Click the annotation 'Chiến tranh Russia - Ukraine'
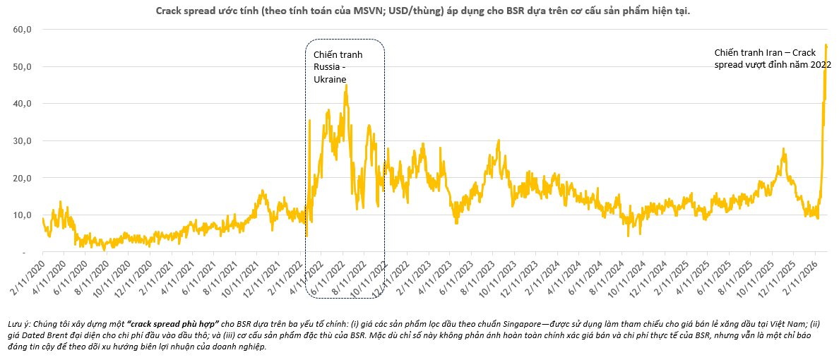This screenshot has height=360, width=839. point(333,67)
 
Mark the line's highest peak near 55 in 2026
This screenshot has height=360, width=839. point(826,45)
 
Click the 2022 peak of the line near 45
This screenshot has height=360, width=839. point(345,86)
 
